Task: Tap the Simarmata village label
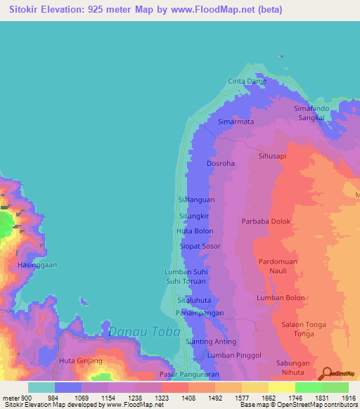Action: coord(235,122)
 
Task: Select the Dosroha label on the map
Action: coord(220,164)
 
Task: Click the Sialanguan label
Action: coord(196,200)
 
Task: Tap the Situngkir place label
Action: coord(195,216)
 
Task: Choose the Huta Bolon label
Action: coord(194,231)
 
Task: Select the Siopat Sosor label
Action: coord(200,247)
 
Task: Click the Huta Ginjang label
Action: coord(81,361)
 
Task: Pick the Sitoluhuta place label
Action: coord(195,300)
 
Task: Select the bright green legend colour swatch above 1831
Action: coord(308,387)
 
